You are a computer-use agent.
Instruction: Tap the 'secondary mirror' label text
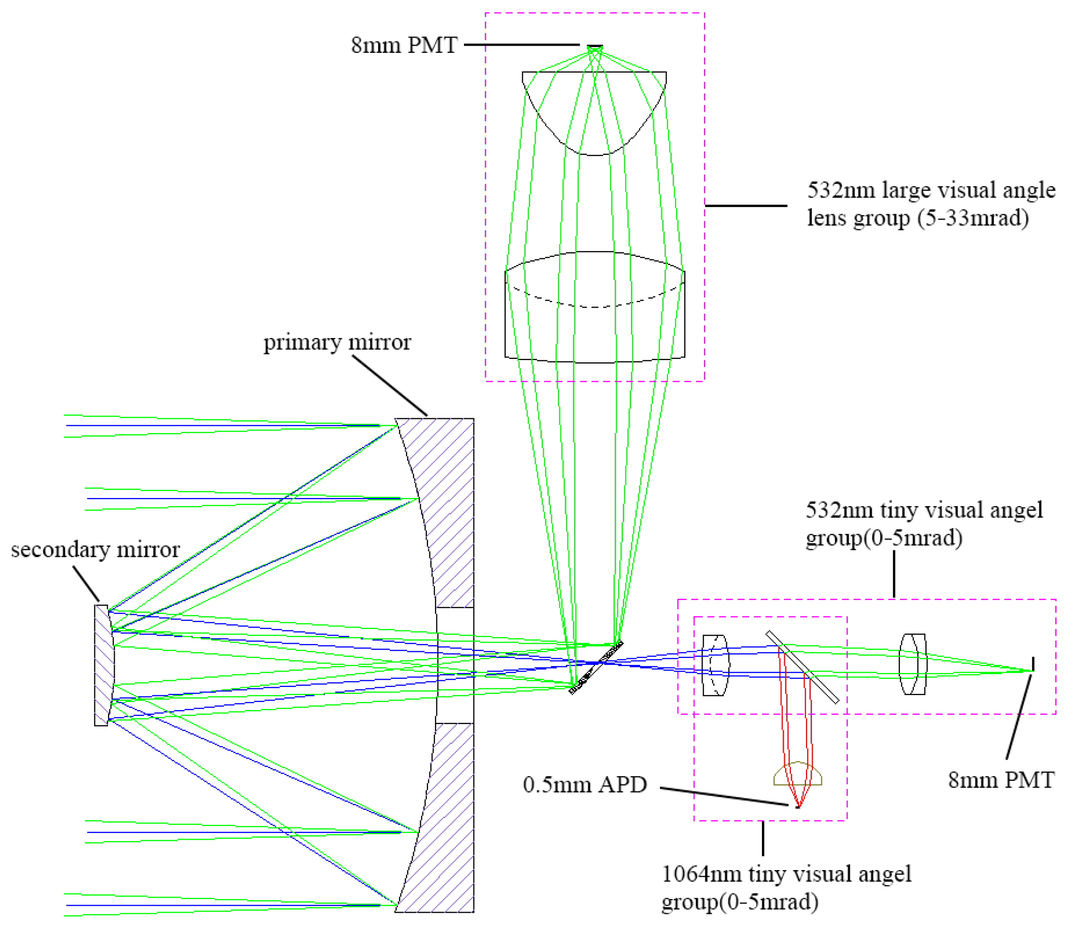tap(95, 550)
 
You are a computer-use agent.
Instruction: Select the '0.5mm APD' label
tap(584, 784)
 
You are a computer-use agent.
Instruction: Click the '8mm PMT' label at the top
tap(404, 45)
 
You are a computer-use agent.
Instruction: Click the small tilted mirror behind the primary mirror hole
tap(596, 668)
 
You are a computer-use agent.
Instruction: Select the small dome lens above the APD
tap(797, 775)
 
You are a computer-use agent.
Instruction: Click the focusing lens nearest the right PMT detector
tap(913, 664)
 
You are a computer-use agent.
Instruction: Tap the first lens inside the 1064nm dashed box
tap(715, 665)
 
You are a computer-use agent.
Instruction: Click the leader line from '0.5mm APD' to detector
tap(724, 796)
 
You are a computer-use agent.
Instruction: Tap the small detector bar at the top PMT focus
tap(595, 47)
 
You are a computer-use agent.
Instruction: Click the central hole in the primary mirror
tap(455, 666)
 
